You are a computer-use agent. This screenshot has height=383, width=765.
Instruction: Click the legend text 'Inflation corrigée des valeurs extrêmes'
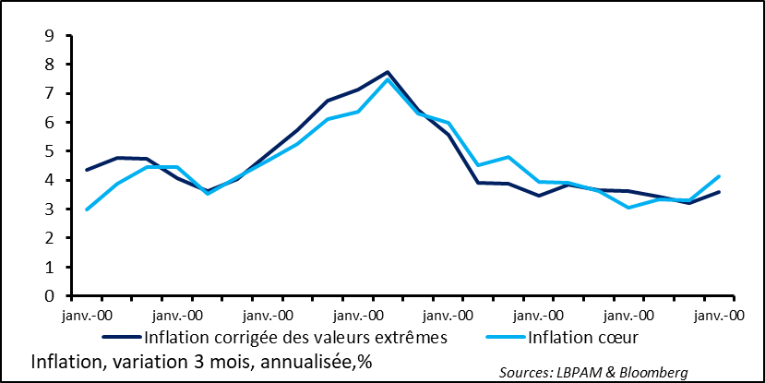click(x=295, y=337)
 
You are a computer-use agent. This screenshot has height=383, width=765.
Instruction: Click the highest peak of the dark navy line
click(x=388, y=72)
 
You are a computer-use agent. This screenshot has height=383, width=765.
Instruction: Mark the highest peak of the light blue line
click(x=388, y=79)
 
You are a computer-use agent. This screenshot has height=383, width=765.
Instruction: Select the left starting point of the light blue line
click(x=87, y=209)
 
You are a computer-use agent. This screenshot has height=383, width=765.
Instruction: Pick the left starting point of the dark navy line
click(x=87, y=170)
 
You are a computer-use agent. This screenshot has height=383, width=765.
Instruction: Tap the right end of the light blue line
click(x=719, y=176)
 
